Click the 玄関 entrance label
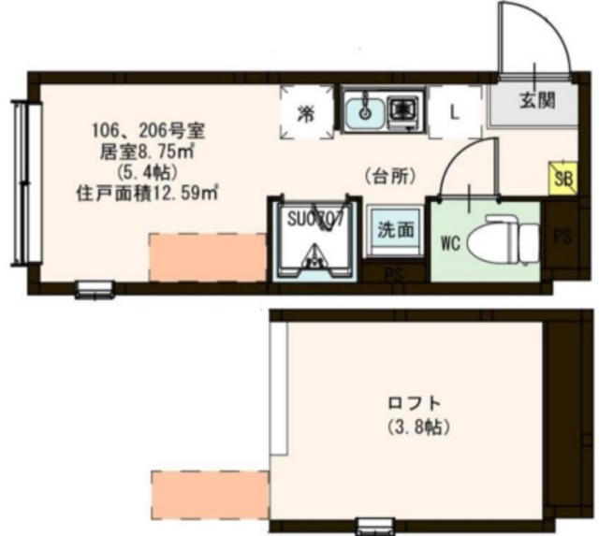(x=535, y=100)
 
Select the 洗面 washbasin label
(x=392, y=227)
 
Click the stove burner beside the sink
(x=404, y=110)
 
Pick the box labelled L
(x=454, y=112)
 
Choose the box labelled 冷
(x=305, y=113)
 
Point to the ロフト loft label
(x=415, y=405)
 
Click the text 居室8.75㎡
(x=141, y=152)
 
